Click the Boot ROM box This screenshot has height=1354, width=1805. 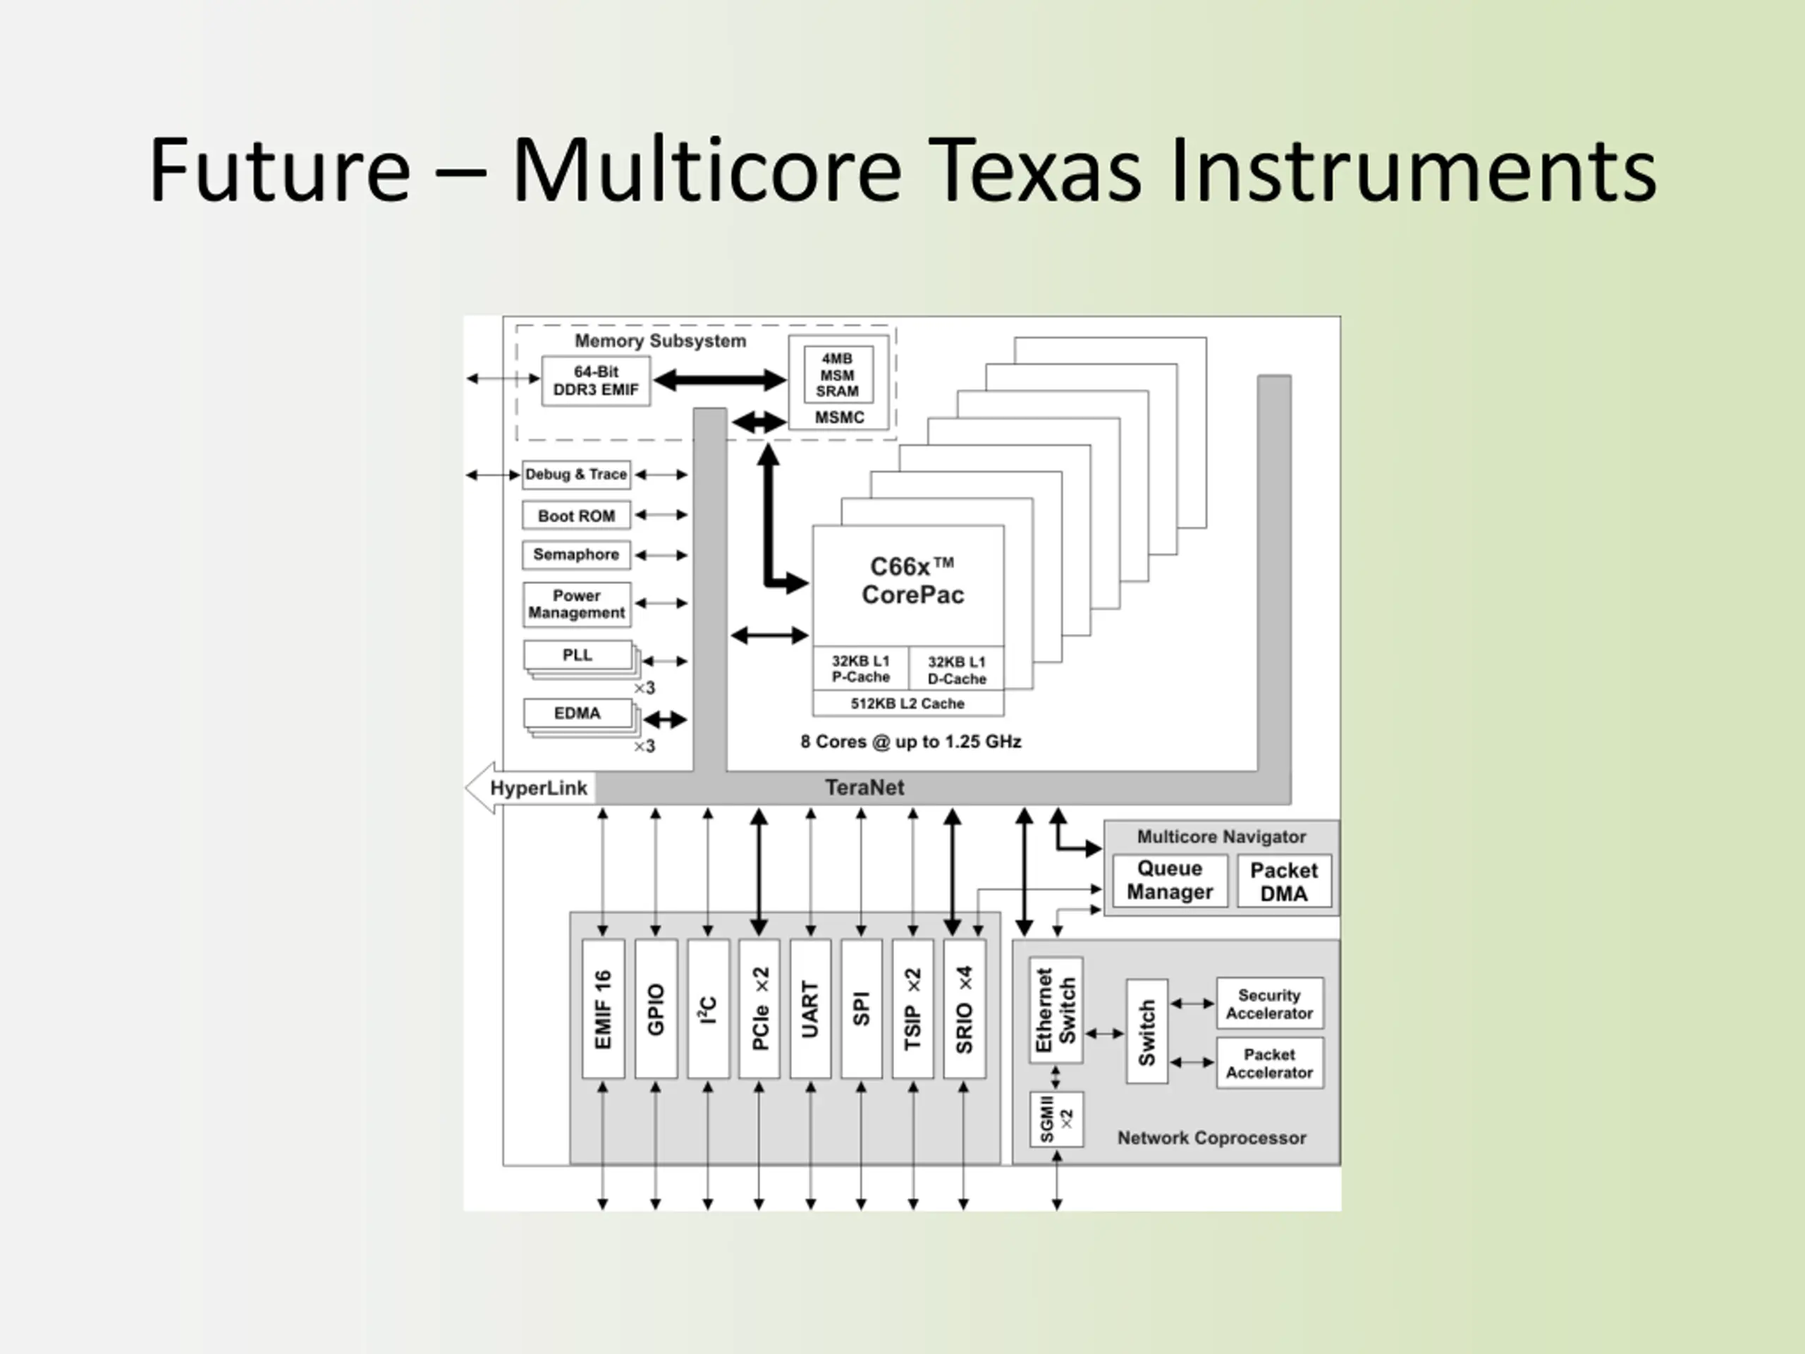[x=576, y=516]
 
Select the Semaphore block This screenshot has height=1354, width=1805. [x=576, y=555]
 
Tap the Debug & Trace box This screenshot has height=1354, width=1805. [x=576, y=474]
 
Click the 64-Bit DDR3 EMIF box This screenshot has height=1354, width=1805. [x=596, y=381]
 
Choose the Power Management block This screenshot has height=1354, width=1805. [x=576, y=604]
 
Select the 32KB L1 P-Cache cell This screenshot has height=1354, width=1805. [x=860, y=669]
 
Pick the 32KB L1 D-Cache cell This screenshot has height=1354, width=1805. [x=956, y=670]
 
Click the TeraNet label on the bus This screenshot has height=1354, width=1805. [x=864, y=788]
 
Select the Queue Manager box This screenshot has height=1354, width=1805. [x=1169, y=881]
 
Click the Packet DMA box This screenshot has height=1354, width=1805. [x=1283, y=882]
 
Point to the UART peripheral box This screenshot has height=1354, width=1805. [x=810, y=1008]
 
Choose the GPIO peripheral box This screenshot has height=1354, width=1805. [x=656, y=1008]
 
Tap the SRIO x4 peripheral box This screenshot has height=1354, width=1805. [x=964, y=1008]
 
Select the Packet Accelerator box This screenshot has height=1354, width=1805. [x=1269, y=1063]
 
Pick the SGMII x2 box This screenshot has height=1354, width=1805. [x=1057, y=1119]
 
